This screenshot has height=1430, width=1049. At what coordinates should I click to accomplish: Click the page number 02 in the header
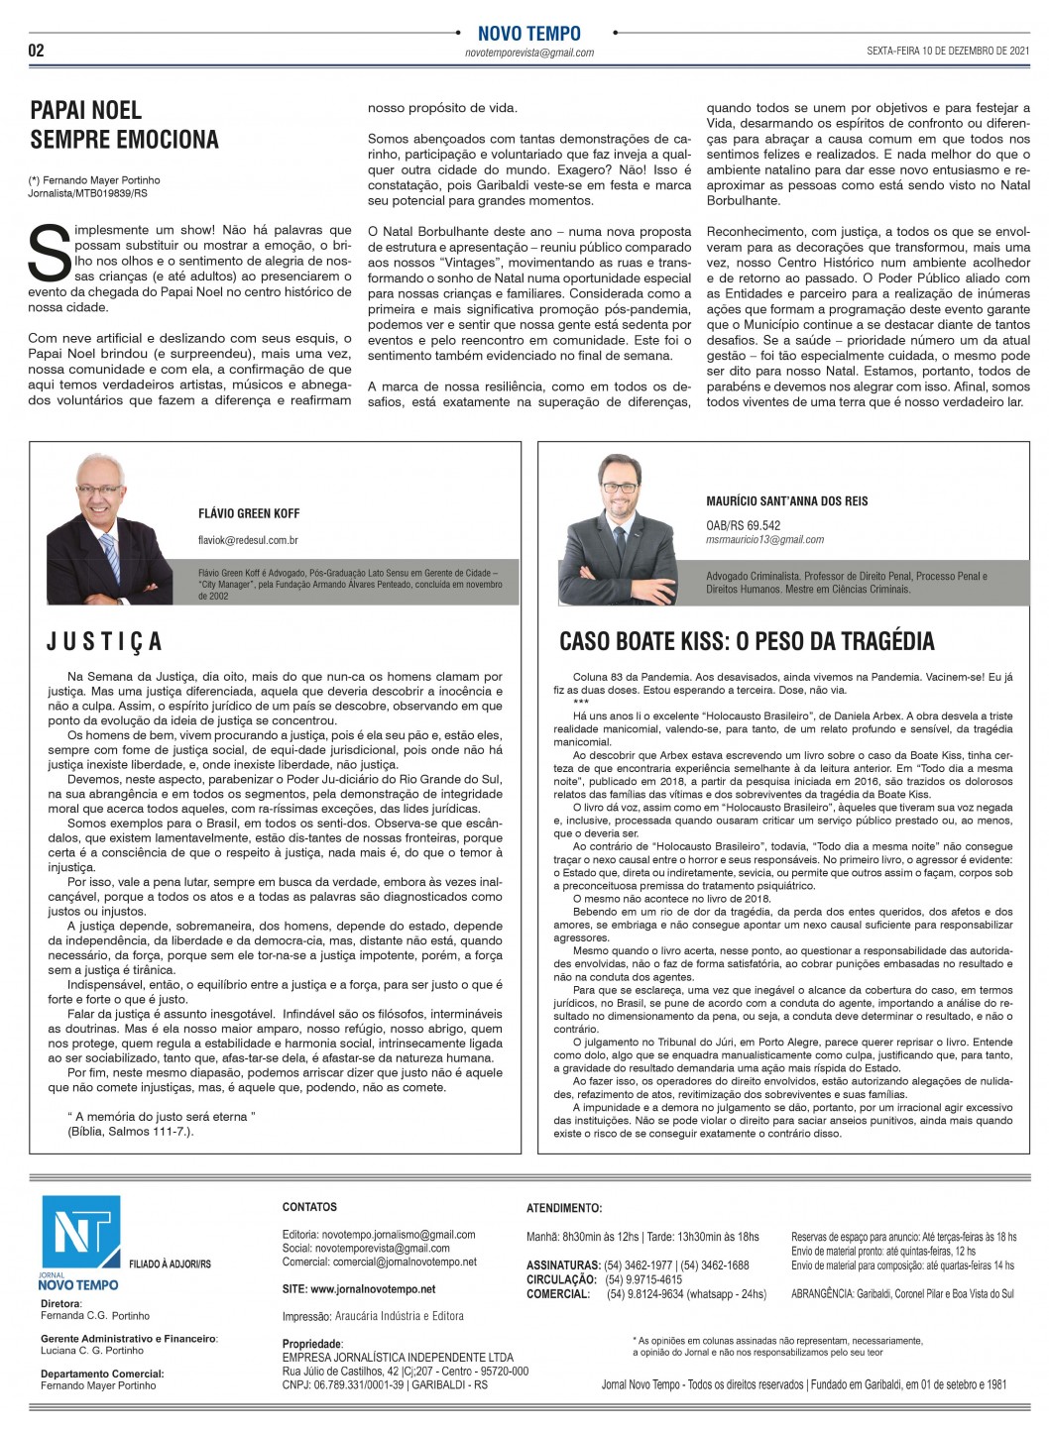click(x=37, y=51)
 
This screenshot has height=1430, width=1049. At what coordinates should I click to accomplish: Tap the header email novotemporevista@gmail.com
click(x=529, y=54)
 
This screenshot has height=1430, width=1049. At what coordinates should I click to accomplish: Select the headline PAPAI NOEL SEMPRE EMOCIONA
click(x=124, y=124)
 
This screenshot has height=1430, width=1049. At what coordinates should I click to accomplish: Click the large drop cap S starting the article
click(x=48, y=253)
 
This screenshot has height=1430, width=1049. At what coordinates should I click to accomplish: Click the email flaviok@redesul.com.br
click(x=248, y=540)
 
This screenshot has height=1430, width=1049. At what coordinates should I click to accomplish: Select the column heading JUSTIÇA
click(x=104, y=642)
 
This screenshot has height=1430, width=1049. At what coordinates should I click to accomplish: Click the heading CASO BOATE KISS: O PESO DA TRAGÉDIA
click(x=747, y=641)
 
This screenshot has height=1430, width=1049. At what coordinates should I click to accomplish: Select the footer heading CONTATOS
click(x=309, y=1207)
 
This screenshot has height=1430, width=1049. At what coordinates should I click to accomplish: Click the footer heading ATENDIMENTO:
click(x=564, y=1208)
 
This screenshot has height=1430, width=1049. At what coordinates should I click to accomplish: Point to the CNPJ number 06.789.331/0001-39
click(x=356, y=1384)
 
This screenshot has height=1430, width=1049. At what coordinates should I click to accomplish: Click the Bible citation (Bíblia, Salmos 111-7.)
click(x=130, y=1131)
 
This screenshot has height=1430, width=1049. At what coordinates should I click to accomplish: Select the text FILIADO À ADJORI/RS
click(x=170, y=1265)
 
